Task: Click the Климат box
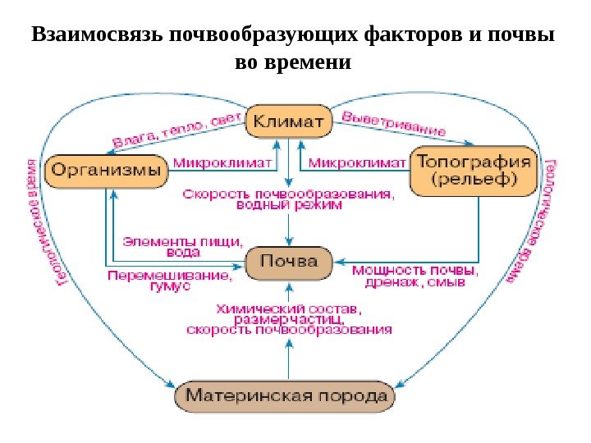tap(289, 121)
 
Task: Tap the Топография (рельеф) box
tap(474, 171)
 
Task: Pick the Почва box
tap(289, 262)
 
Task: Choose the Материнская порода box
tap(286, 396)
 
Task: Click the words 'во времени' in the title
tap(292, 62)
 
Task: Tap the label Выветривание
tap(393, 123)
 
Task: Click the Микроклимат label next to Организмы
tap(222, 163)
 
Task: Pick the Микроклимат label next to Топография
tap(360, 163)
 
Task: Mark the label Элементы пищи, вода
tap(182, 246)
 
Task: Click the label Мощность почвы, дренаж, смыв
tap(415, 275)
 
